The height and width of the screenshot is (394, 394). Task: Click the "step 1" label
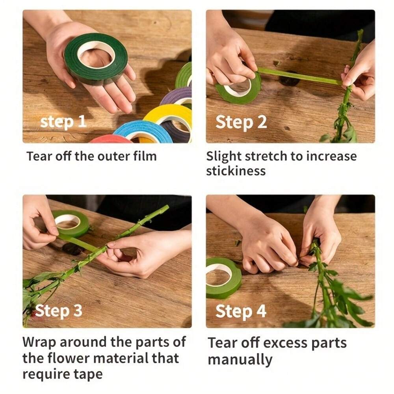pos(63,122)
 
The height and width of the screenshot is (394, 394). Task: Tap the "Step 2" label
pos(241,122)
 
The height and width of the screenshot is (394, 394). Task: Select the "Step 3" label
pos(59,311)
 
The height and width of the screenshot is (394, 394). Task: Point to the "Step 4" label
pos(241,311)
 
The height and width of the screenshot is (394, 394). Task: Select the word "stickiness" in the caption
pos(236,171)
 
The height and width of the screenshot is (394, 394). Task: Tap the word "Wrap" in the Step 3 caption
pos(39,343)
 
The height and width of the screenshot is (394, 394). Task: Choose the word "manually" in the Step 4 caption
pos(240,360)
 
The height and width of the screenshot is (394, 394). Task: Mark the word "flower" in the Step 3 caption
pos(71,358)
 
